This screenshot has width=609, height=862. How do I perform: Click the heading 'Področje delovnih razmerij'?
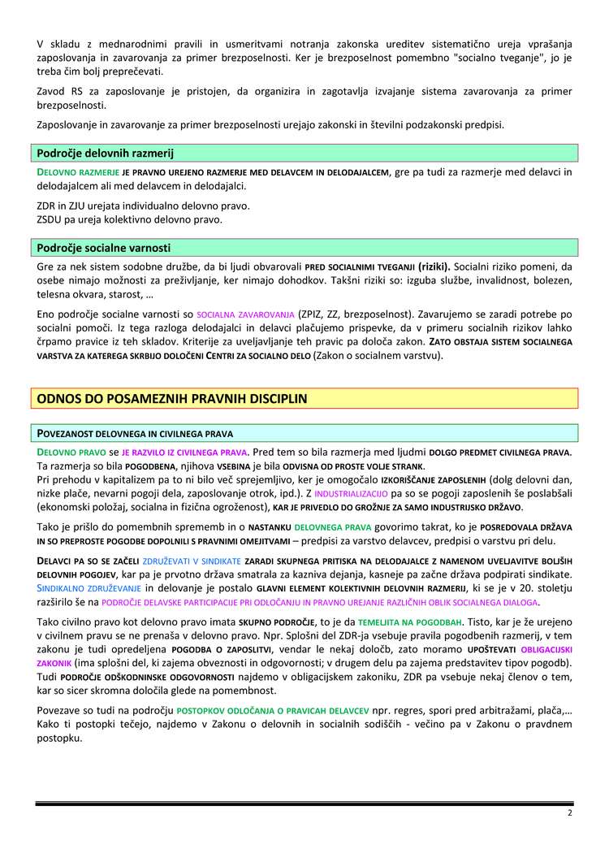coord(106,153)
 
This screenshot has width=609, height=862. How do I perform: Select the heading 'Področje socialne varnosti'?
coord(104,248)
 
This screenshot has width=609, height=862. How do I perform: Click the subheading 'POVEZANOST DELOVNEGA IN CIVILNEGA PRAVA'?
coord(135,433)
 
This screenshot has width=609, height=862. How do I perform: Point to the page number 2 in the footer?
coord(570,812)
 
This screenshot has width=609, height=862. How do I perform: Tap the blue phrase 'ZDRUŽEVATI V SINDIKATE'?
coord(191,561)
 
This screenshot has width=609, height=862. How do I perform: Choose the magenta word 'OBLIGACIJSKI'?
coord(545,649)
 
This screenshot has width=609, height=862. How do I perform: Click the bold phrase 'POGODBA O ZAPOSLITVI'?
coord(225,649)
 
